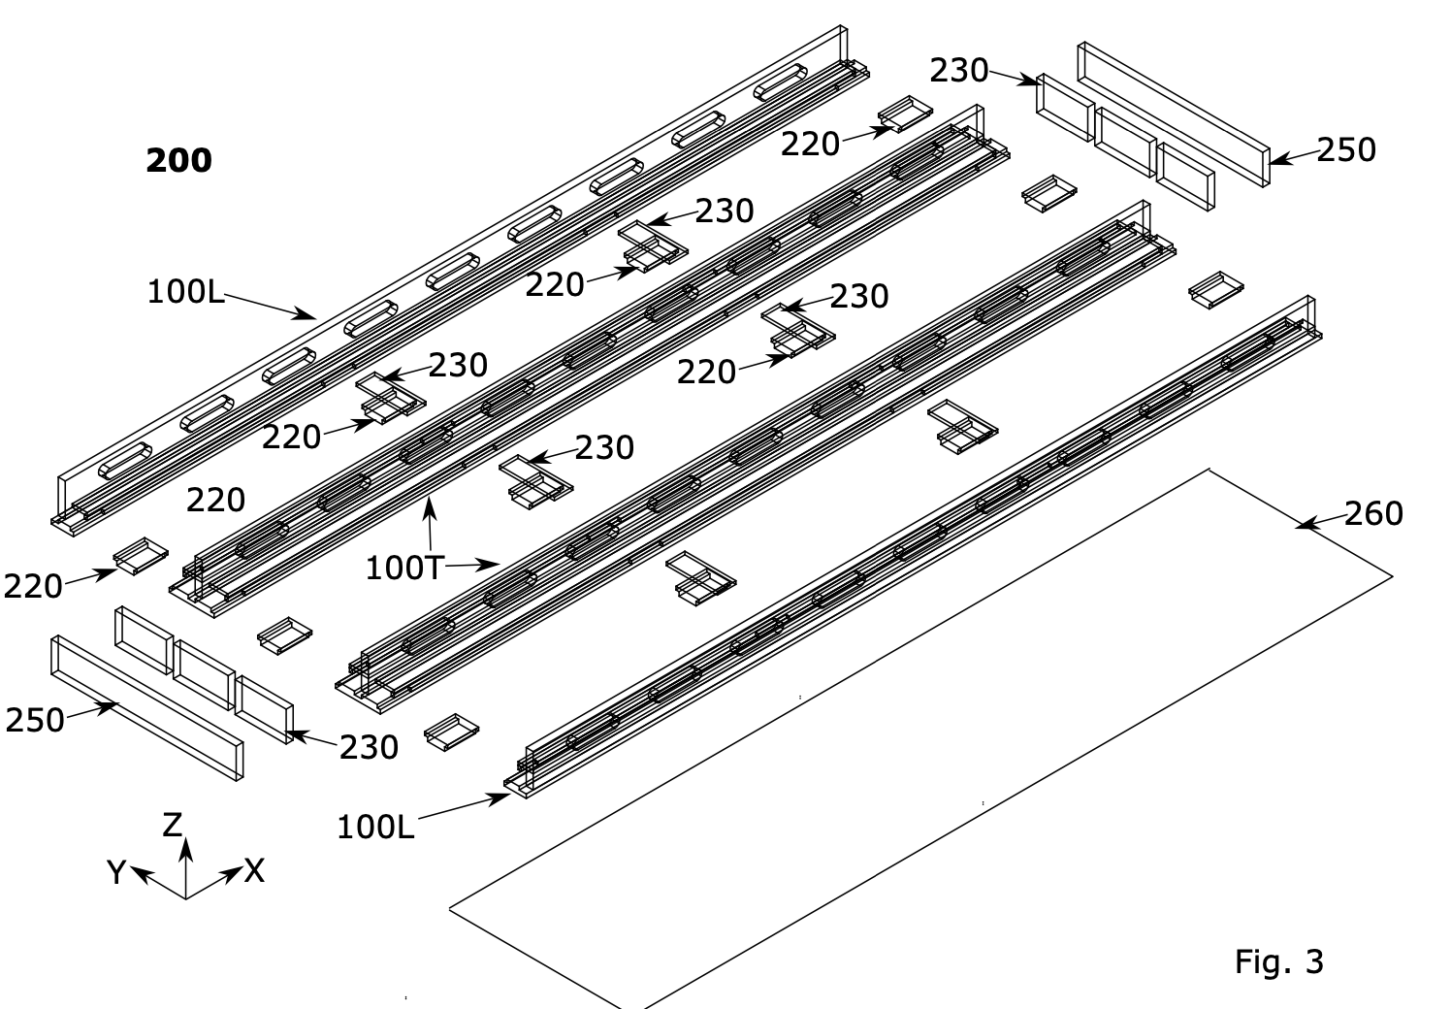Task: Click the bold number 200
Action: [x=178, y=160]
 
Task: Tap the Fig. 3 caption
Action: [x=1278, y=961]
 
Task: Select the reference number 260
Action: [x=1373, y=514]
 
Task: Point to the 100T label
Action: [x=404, y=569]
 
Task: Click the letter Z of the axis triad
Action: [x=173, y=825]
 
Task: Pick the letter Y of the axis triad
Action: [x=116, y=872]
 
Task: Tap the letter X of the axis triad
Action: [x=254, y=870]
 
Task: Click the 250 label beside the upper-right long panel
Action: [x=1346, y=150]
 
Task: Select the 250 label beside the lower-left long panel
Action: [x=34, y=720]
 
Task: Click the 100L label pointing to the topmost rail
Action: [x=186, y=292]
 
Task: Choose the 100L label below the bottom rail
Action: [x=375, y=828]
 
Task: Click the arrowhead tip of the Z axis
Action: [x=186, y=838]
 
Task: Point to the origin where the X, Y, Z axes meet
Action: [x=186, y=898]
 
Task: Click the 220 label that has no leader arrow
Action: [x=215, y=501]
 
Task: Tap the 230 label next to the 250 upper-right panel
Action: [x=959, y=70]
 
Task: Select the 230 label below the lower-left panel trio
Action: [x=369, y=747]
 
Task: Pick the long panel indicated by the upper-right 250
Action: [x=1174, y=114]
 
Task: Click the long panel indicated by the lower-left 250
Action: [x=147, y=708]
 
